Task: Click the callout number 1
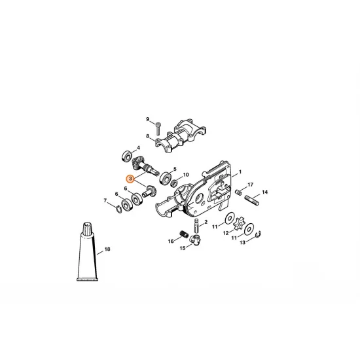[x=240, y=173]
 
